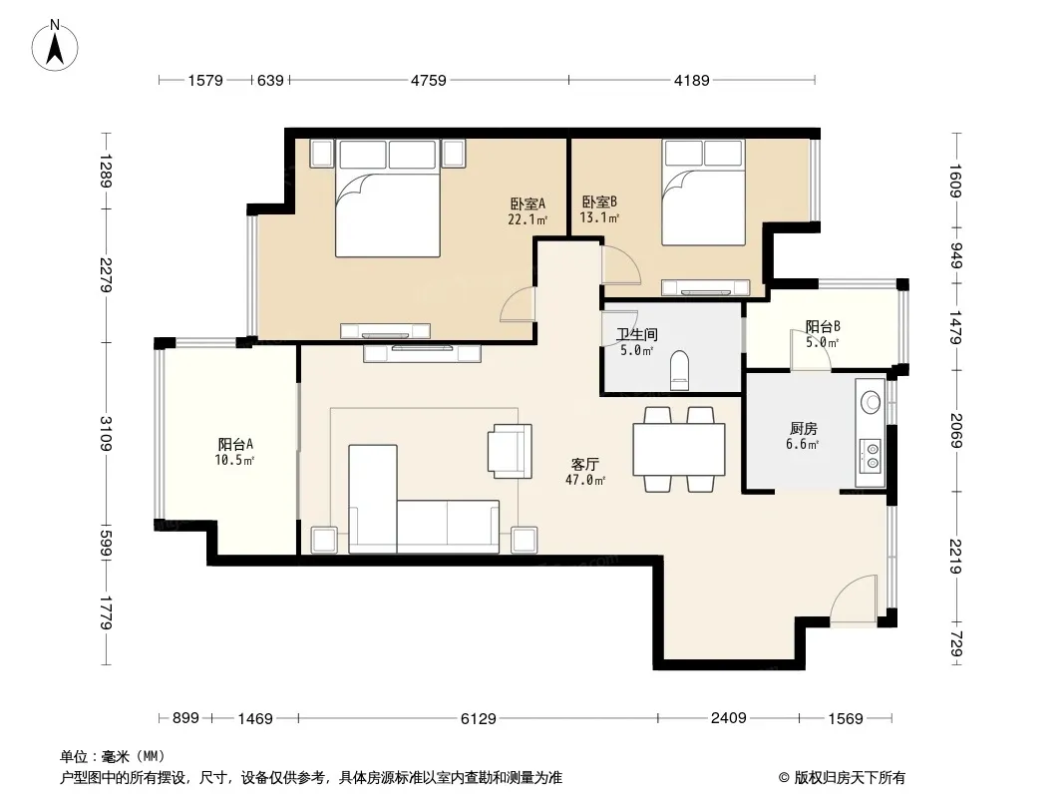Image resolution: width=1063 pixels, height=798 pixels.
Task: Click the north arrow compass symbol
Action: tap(55, 46)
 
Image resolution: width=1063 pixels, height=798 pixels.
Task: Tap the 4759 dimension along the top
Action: tap(429, 81)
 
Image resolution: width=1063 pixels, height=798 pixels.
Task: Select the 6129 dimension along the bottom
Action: tap(479, 718)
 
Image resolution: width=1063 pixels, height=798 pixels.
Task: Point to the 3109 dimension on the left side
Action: tap(106, 433)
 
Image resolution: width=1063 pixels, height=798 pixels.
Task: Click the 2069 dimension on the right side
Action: tap(957, 431)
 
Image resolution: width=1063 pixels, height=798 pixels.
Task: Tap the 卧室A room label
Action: tap(528, 203)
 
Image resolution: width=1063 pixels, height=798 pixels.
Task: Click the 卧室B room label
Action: tap(599, 202)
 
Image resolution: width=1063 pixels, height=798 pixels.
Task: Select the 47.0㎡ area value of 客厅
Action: tap(585, 480)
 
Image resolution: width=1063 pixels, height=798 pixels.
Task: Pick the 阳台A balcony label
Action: tap(235, 445)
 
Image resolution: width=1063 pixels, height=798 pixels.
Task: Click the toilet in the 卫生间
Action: tap(679, 371)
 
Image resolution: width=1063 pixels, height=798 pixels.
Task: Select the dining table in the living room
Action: tap(679, 449)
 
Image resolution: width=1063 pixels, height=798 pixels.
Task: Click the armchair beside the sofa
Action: tap(510, 451)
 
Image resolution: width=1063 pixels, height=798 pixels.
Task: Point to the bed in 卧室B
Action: tap(704, 193)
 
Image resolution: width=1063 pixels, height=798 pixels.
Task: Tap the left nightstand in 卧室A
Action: tap(322, 154)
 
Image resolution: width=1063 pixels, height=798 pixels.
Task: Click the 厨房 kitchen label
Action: tap(804, 429)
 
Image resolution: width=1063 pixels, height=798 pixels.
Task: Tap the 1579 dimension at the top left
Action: tap(205, 81)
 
